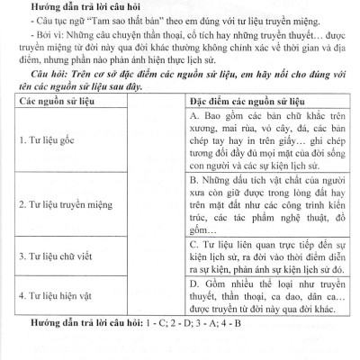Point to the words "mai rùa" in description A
click(236, 130)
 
